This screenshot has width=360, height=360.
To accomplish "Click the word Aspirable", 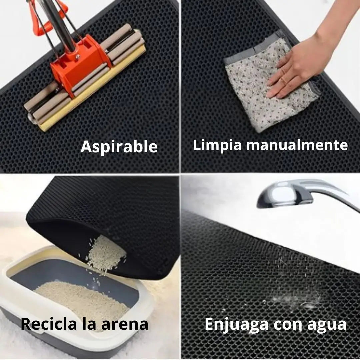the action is (119, 147).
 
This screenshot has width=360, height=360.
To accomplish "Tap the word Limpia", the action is (217, 145).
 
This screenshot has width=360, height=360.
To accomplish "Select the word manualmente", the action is (297, 145).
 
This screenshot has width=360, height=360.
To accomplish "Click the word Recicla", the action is (49, 324).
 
